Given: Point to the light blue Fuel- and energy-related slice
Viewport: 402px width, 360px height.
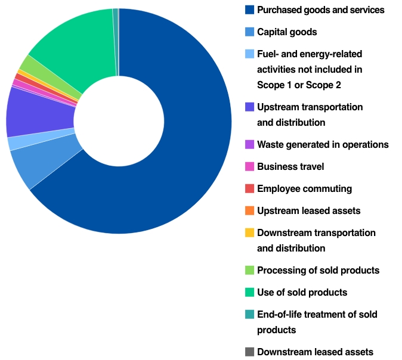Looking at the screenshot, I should [x=18, y=142].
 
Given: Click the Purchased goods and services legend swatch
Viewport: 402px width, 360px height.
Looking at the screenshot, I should [x=249, y=10].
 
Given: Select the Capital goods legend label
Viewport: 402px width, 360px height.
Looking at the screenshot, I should [x=287, y=32].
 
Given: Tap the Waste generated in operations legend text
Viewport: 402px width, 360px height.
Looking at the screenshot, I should [x=323, y=144].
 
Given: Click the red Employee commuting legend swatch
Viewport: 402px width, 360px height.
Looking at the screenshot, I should [x=249, y=189].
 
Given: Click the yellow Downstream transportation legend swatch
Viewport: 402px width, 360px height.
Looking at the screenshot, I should [x=249, y=233].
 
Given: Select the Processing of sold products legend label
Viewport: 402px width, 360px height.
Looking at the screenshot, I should [x=318, y=270].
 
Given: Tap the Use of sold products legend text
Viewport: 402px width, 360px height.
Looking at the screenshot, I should [x=302, y=292].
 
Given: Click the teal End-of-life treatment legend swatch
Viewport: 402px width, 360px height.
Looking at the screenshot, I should [x=249, y=314].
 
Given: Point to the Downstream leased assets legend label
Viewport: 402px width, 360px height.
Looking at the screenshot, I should [x=315, y=352].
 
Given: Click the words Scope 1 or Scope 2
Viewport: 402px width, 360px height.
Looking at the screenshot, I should [x=299, y=85].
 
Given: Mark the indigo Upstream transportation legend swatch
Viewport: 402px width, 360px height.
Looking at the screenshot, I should [x=249, y=107].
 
